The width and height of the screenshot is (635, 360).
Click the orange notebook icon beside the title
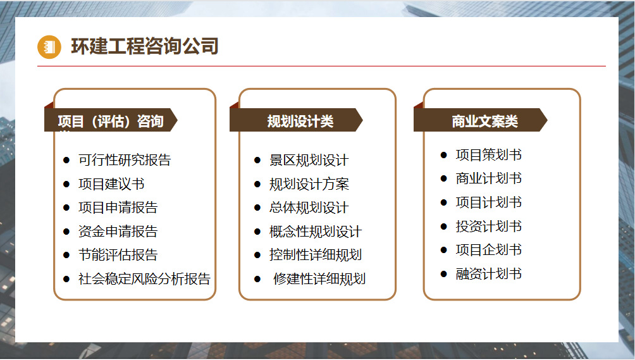[49, 47]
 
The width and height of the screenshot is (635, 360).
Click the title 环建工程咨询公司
[144, 46]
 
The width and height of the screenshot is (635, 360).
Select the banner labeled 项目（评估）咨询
[111, 121]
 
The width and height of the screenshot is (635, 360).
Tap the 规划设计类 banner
[300, 121]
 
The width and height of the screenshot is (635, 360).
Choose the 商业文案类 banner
[484, 121]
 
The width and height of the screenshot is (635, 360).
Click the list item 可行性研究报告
[124, 160]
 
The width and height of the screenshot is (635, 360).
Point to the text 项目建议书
[111, 184]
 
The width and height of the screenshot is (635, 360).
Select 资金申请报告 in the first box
[118, 232]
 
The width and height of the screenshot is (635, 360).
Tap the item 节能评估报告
[118, 255]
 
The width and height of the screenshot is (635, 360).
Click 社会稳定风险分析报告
[144, 278]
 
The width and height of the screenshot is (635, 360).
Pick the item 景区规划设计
[309, 161]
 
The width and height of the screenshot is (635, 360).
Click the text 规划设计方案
[309, 184]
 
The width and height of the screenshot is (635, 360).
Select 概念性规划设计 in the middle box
[315, 232]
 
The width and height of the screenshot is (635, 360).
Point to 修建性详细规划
[319, 278]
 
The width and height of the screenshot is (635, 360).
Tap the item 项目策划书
[488, 155]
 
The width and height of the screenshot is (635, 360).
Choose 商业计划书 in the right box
[488, 178]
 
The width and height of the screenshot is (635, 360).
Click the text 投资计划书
[488, 227]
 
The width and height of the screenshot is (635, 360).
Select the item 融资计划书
[488, 274]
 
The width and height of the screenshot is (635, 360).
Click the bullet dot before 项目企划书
[444, 250]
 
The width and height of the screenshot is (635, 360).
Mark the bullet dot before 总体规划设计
[257, 208]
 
